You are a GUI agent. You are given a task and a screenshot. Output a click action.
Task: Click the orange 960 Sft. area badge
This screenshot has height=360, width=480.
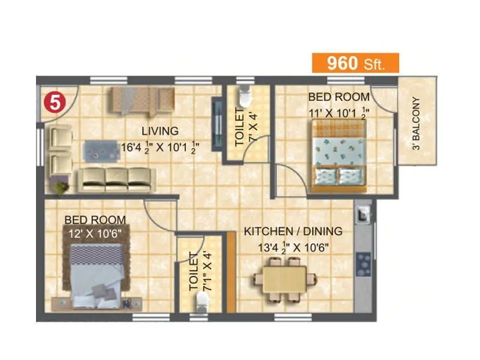coord(354,63)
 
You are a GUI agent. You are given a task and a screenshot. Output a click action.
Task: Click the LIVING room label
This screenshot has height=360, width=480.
coord(160,131)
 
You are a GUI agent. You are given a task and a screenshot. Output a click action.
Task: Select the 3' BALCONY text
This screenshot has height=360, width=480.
coord(416,131)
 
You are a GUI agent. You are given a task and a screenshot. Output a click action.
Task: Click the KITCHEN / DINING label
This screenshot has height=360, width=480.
coord(292,231)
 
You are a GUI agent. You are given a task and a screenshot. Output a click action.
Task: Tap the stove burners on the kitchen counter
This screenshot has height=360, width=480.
coord(363,262)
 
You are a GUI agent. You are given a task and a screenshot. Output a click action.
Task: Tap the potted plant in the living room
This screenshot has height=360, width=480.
coord(60,188)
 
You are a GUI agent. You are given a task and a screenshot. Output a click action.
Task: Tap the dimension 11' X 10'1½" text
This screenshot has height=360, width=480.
coord(338,112)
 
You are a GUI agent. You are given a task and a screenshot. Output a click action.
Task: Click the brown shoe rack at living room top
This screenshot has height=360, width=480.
coord(141,100)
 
